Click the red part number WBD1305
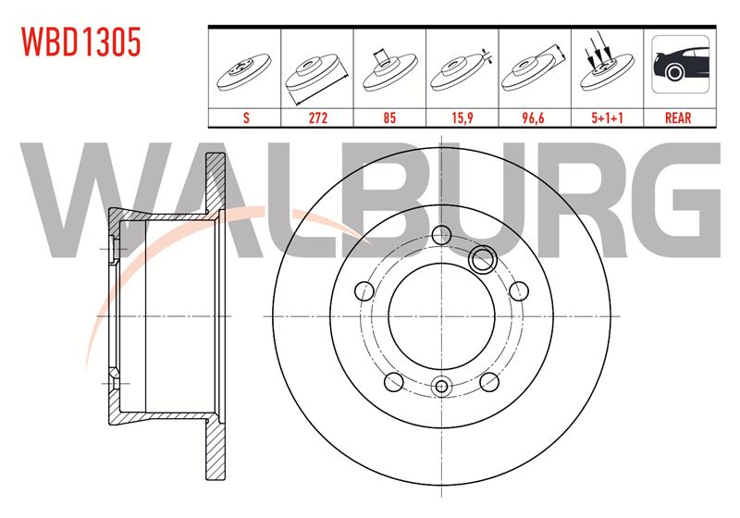pos(81,42)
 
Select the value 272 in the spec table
pos(318,117)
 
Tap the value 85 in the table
pos(389,117)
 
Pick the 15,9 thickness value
pos(462,117)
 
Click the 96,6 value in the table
pos(534,117)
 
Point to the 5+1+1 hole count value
pos(608,117)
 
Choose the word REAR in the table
pos(678,117)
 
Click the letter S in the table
pos(246,117)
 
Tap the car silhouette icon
pos(681,64)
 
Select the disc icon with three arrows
pos(607,64)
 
